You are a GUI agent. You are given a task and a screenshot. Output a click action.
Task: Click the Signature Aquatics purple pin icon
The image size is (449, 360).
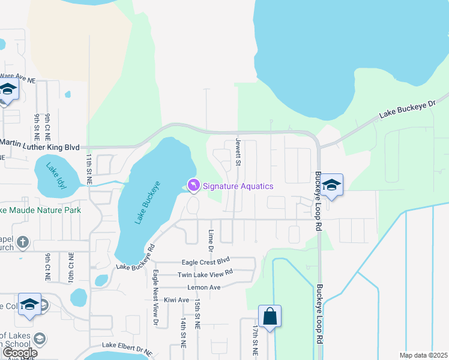tap(193, 186)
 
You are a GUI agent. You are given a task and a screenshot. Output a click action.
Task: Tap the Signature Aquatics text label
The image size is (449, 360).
tap(238, 186)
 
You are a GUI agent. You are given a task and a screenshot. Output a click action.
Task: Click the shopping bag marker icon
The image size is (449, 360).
tap(270, 317)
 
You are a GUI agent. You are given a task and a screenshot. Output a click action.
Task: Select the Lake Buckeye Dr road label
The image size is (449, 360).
tap(406, 110)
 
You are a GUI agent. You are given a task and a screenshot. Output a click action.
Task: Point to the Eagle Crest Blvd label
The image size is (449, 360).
tap(206, 261)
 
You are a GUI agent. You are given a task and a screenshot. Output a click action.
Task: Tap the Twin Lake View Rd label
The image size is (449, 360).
tap(205, 274)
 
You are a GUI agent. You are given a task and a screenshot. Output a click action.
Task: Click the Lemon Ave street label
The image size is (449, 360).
tap(204, 287)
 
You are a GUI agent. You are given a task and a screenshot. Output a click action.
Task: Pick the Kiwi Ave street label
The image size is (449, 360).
tap(176, 299)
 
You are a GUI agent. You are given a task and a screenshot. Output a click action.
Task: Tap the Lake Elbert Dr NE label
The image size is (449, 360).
tap(127, 345)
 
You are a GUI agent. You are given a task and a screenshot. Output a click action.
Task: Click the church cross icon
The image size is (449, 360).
tap(23, 242)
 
